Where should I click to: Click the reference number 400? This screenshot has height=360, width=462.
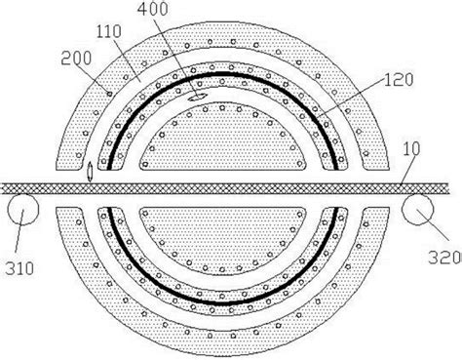(153, 9)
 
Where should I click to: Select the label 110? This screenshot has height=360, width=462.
(109, 31)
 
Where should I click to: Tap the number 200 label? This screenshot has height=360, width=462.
(76, 59)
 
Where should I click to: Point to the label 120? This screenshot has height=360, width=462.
(399, 80)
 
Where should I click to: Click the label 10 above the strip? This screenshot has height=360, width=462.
(411, 148)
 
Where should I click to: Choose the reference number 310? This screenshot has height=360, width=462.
(19, 268)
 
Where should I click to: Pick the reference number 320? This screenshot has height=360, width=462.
(444, 258)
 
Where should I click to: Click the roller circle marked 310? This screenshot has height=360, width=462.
(22, 209)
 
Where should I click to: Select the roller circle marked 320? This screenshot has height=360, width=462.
(417, 209)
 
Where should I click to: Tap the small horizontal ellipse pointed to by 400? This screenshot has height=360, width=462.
(198, 97)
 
